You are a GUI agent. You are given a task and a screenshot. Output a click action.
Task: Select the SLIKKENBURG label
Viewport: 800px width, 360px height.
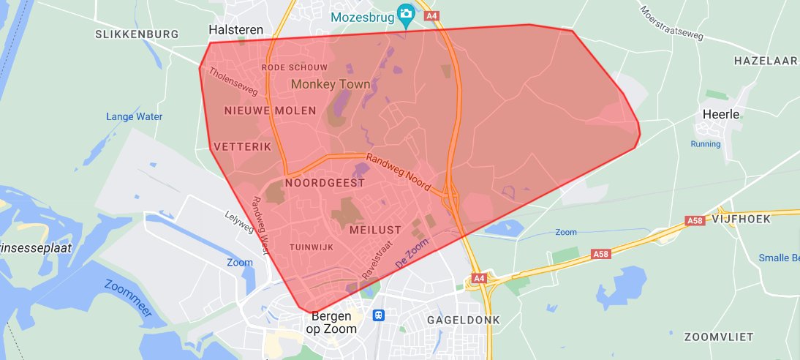pyautogui.click(x=137, y=34)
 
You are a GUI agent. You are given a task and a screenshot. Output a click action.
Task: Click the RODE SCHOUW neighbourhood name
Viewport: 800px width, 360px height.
pyautogui.click(x=294, y=67)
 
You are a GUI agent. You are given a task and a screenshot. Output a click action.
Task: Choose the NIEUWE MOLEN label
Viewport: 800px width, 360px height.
pyautogui.click(x=270, y=111)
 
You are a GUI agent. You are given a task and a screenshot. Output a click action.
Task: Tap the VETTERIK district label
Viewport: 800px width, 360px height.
pyautogui.click(x=243, y=147)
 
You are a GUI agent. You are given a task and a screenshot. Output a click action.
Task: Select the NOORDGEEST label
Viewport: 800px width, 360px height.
pyautogui.click(x=324, y=183)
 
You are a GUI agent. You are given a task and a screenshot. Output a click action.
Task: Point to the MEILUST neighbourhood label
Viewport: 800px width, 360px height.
pyautogui.click(x=375, y=230)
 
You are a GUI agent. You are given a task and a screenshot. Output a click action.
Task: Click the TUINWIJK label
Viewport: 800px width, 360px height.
pyautogui.click(x=312, y=247)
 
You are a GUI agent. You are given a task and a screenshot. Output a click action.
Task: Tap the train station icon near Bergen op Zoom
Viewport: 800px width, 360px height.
pyautogui.click(x=378, y=315)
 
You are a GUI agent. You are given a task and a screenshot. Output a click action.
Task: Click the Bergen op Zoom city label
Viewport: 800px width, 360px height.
pyautogui.click(x=334, y=323)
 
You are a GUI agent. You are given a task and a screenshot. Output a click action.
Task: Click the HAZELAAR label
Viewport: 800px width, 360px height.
pyautogui.click(x=765, y=61)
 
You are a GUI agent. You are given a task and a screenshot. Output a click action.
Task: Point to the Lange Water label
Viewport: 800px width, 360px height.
pyautogui.click(x=134, y=116)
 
